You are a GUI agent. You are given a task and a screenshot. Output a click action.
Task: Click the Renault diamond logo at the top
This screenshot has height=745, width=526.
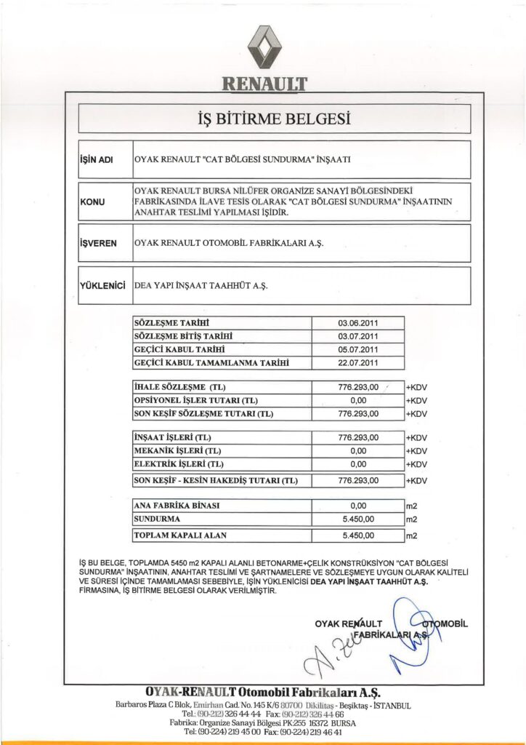(x=263, y=46)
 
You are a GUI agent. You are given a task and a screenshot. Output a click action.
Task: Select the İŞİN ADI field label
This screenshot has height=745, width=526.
(x=96, y=159)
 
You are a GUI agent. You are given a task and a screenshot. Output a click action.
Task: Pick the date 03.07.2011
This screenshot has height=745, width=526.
(x=357, y=336)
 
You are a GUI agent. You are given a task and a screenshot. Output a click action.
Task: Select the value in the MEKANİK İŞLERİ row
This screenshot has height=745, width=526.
(x=357, y=451)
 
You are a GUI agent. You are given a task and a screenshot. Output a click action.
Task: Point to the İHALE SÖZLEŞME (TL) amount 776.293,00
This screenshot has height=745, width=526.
(x=358, y=388)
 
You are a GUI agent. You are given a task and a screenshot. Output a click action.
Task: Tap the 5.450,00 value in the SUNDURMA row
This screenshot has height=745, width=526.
(x=357, y=519)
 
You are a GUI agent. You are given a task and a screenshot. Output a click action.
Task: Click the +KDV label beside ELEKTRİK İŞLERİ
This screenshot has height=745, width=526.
(x=416, y=464)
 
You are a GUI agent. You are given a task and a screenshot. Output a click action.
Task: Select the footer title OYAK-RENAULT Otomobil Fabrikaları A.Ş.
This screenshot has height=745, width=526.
(x=263, y=691)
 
